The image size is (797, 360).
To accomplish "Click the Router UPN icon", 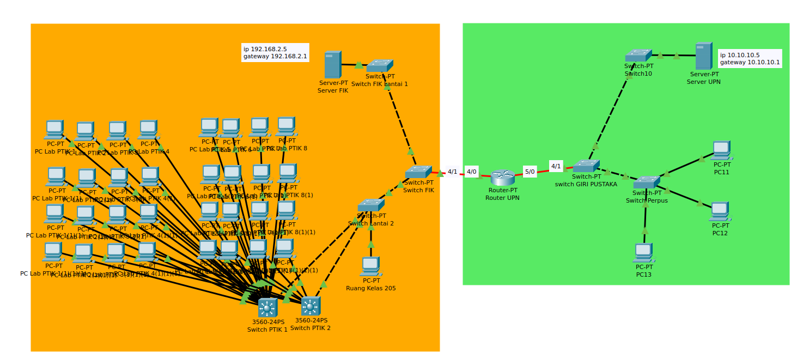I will coord(502,178).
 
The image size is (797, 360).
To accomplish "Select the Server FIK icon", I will coord(332,65).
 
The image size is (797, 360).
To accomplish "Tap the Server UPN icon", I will coord(703,56).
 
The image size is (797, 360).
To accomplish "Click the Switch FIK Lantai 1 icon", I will coord(379,66).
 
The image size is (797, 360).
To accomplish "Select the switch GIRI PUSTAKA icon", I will coord(586,166).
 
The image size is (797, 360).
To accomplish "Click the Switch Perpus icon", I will coord(646,182).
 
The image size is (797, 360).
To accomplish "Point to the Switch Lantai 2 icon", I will coord(370,205).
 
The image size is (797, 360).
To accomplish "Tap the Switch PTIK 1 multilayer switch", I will coord(267,308).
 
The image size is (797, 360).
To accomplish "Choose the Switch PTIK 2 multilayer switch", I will coord(311,306).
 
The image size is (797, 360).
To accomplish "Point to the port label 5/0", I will coord(530,172).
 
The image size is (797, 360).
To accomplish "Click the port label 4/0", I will coord(471,172).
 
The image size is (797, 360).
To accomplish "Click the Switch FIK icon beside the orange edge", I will coord(418,172).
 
